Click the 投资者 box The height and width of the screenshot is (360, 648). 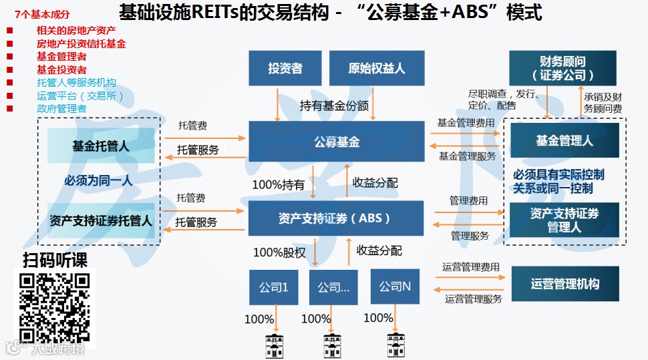click(x=285, y=69)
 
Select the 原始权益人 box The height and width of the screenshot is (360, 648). click(x=377, y=69)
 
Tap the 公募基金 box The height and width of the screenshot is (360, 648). click(x=337, y=142)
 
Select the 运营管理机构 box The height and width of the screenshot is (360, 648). click(x=565, y=284)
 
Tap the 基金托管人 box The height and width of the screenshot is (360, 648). click(x=101, y=146)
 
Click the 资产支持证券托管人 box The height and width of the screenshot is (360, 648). click(x=101, y=220)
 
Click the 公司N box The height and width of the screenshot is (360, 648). click(x=395, y=287)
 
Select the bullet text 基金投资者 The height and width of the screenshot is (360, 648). click(x=61, y=69)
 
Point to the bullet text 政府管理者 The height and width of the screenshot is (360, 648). click(x=61, y=108)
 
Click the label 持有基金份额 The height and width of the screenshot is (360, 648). click(x=334, y=106)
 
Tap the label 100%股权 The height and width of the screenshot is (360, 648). click(x=279, y=252)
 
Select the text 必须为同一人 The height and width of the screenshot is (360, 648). click(x=98, y=181)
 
